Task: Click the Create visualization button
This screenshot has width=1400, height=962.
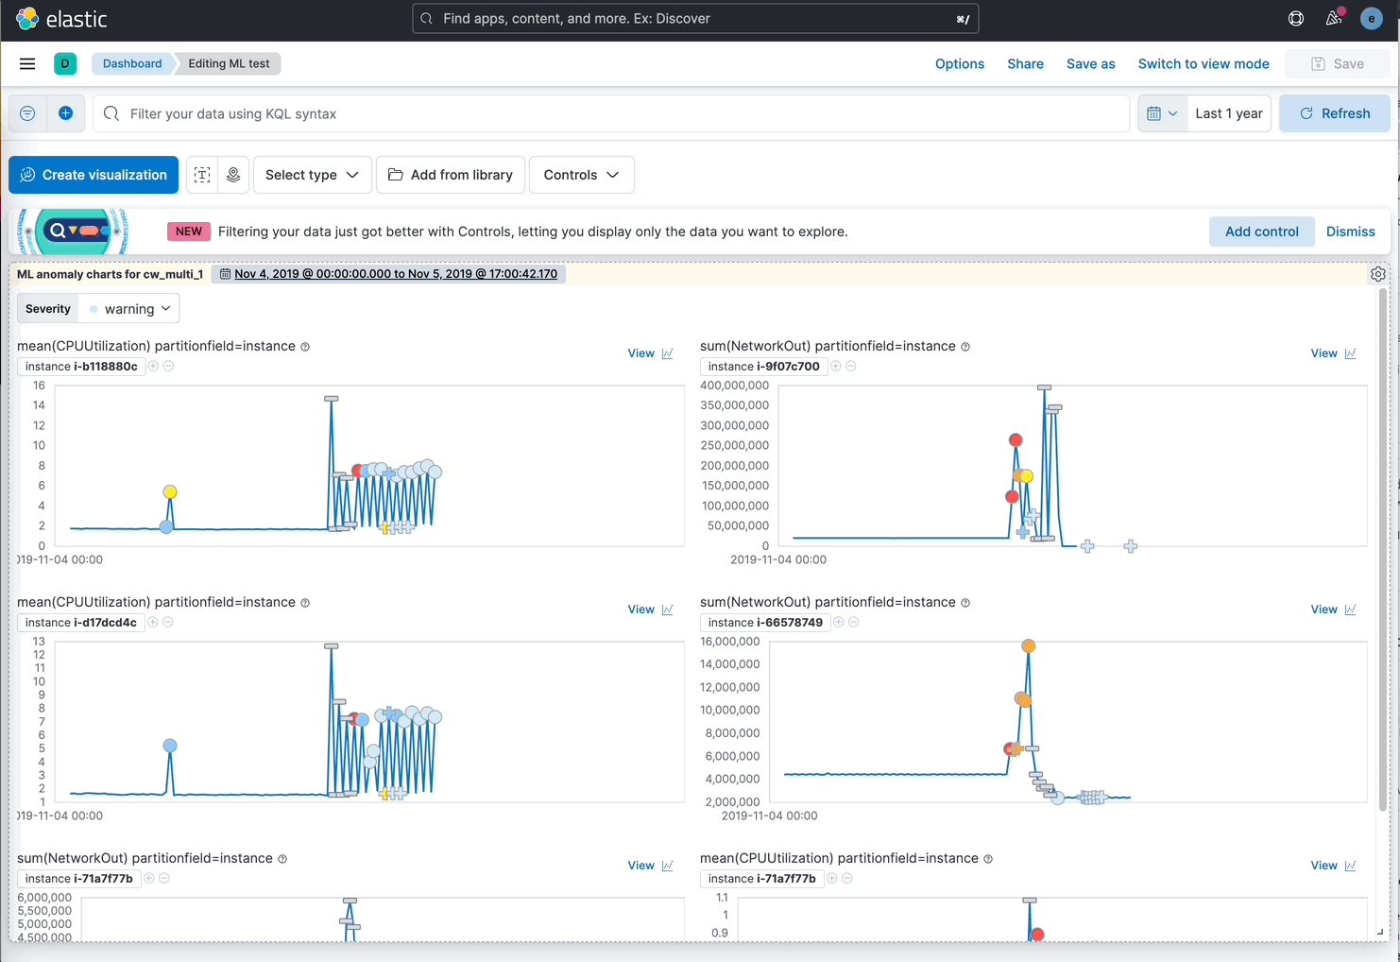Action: [x=94, y=175]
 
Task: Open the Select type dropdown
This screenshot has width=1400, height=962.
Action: [x=312, y=175]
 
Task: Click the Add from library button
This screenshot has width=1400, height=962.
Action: [x=451, y=175]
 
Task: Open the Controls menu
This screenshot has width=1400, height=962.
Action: [x=581, y=175]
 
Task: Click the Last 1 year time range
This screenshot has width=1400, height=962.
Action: [x=1228, y=113]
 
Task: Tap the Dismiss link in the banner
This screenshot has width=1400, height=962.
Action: [x=1350, y=232]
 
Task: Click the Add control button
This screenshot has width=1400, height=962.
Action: [x=1261, y=232]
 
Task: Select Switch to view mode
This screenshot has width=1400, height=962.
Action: [x=1203, y=64]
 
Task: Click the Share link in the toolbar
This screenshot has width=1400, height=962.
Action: [x=1025, y=64]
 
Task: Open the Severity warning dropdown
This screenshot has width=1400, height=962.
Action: [x=129, y=309]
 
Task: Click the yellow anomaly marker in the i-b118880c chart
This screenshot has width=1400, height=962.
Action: [x=170, y=491]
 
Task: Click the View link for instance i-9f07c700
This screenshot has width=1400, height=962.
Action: [x=1323, y=353]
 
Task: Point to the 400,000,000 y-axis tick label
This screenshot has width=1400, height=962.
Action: [x=734, y=386]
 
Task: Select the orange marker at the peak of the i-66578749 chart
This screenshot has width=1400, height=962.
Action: [x=1029, y=646]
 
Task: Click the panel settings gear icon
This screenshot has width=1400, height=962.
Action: [x=1378, y=274]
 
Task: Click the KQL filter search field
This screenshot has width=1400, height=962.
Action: [x=614, y=113]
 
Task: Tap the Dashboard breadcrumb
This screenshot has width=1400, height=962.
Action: [x=132, y=64]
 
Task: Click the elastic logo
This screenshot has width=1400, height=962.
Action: [x=61, y=19]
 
